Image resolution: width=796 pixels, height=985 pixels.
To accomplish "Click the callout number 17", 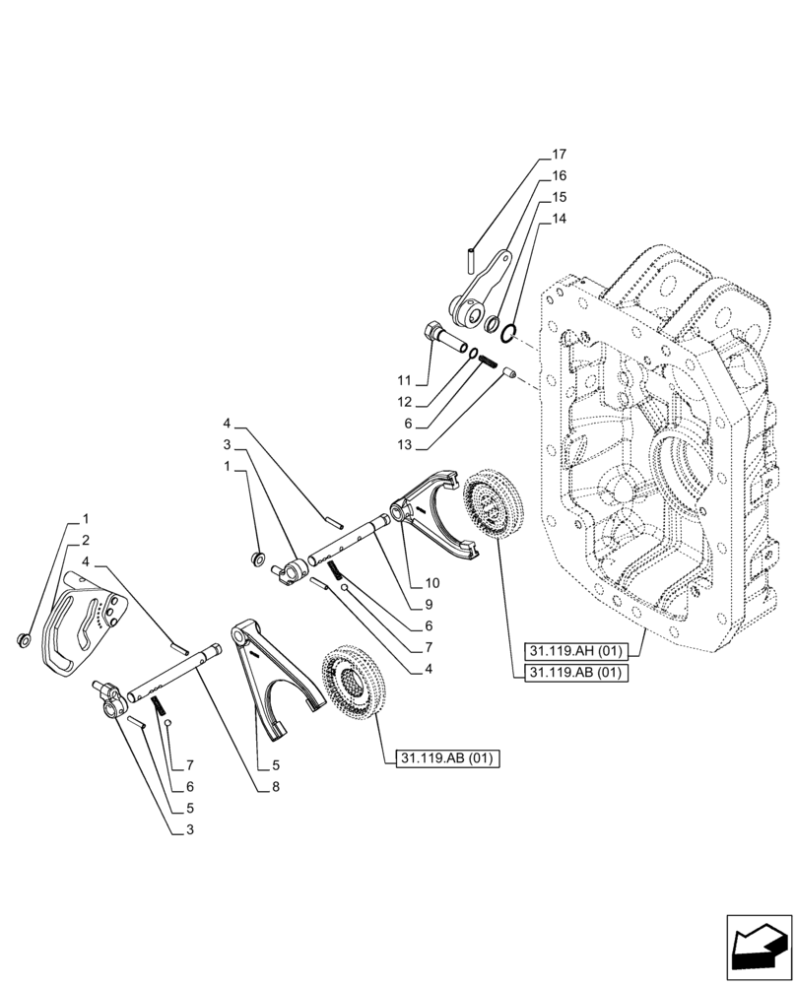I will (560, 155).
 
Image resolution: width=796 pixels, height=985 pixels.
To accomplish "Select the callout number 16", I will (560, 176).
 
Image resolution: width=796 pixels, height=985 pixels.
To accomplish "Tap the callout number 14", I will (560, 219).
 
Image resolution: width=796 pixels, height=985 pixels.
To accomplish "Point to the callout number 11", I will (403, 379).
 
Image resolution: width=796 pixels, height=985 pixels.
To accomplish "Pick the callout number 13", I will (403, 444).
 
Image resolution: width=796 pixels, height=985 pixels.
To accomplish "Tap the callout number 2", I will (86, 539).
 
